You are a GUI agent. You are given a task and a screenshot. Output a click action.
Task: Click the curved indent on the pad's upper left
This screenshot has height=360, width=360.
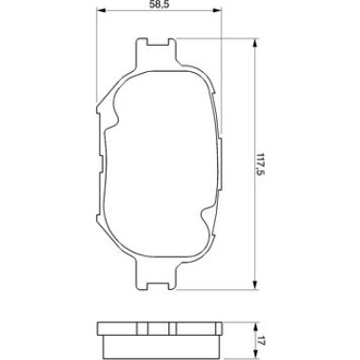point(113,108)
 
